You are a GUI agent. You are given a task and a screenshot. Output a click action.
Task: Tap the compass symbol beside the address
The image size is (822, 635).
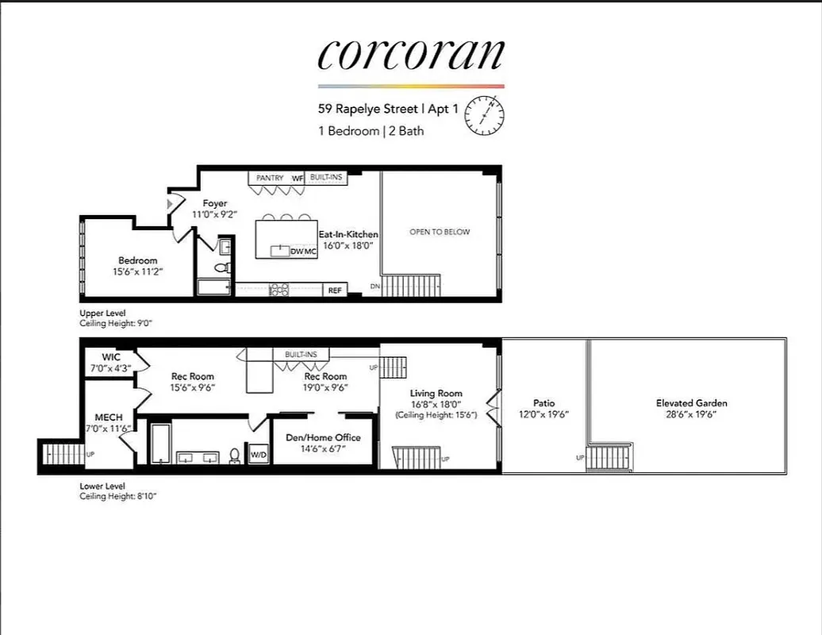coord(486,115)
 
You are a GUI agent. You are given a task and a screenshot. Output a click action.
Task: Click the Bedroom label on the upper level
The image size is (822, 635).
coord(138,260)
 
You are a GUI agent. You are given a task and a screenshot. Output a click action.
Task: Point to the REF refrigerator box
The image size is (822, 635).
coord(335,291)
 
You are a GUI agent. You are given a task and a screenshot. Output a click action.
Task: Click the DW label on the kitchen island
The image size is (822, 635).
coord(297,252)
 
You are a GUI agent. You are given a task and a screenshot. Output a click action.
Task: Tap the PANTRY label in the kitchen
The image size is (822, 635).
coord(270,178)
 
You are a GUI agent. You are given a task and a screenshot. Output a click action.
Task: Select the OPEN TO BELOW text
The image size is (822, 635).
coord(439,232)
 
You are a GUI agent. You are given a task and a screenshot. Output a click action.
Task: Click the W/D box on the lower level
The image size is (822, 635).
coord(259,455)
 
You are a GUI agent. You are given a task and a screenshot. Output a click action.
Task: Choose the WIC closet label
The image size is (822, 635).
coord(110,357)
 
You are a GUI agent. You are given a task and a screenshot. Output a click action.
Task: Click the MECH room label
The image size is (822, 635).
coord(109,418)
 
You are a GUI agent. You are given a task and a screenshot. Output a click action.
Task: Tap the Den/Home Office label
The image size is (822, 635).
coord(323,437)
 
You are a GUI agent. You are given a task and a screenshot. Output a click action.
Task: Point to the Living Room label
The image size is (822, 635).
coord(436,393)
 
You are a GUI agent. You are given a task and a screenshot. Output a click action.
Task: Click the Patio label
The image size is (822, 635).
coord(544,403)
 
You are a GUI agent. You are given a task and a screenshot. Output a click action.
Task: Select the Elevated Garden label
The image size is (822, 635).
coord(691,403)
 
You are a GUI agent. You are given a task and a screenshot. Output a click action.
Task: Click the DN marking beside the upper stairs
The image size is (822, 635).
coord(375,286)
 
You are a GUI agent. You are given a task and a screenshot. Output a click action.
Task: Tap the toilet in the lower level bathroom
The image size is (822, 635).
coord(235,456)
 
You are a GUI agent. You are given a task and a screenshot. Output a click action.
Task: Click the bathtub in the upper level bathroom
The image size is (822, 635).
coord(213,287)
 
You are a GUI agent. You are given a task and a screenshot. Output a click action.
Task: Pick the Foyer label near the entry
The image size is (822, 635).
coord(214,203)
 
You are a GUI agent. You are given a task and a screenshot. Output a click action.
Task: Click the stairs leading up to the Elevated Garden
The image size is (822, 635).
coord(609,456)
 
